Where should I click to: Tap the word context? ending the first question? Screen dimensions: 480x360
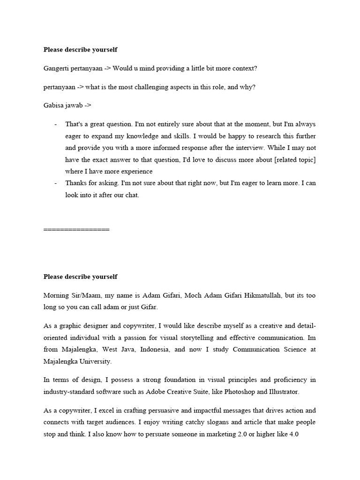point(242,68)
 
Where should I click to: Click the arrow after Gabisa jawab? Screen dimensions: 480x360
point(88,106)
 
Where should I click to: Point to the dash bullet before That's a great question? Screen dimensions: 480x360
point(56,125)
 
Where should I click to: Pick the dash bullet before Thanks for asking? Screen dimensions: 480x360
point(56,183)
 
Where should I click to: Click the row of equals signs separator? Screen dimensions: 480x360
point(76,230)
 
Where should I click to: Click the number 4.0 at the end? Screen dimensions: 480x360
point(294,434)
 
